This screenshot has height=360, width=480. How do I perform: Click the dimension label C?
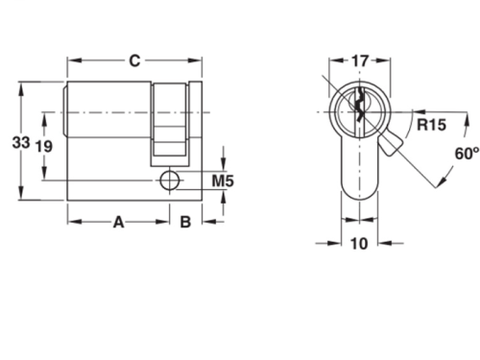pyautogui.click(x=135, y=61)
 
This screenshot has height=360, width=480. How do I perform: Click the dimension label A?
pyautogui.click(x=118, y=223)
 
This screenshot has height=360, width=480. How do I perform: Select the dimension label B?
pyautogui.click(x=185, y=223)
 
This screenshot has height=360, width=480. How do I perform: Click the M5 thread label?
pyautogui.click(x=223, y=180)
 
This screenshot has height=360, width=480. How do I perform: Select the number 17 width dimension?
pyautogui.click(x=359, y=61)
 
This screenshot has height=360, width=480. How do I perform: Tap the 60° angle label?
pyautogui.click(x=466, y=154)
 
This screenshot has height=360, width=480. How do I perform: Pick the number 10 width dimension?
pyautogui.click(x=359, y=244)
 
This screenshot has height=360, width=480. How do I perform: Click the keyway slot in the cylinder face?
pyautogui.click(x=360, y=108)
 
